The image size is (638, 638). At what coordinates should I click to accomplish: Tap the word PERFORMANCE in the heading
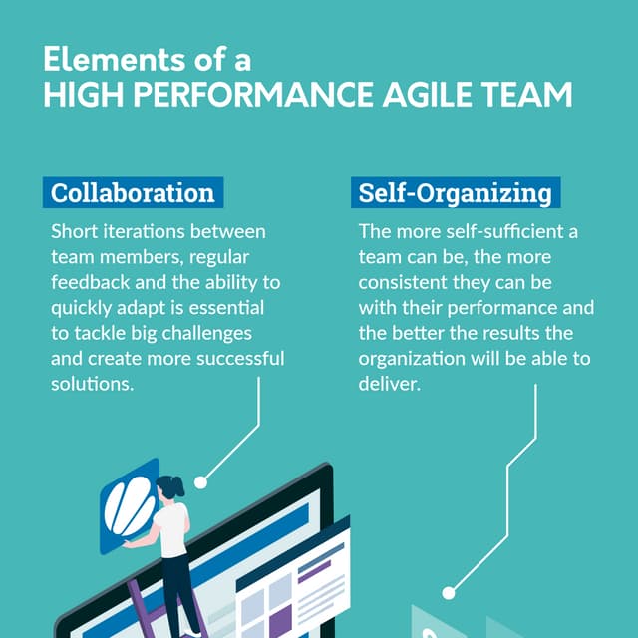[x=256, y=95]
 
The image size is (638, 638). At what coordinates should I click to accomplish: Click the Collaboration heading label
[x=133, y=192]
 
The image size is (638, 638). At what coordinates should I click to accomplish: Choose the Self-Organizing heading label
[x=455, y=192]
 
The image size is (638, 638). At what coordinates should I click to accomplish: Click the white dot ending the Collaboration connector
[x=200, y=481]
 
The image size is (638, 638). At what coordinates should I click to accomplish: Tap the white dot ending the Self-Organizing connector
[x=448, y=592]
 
